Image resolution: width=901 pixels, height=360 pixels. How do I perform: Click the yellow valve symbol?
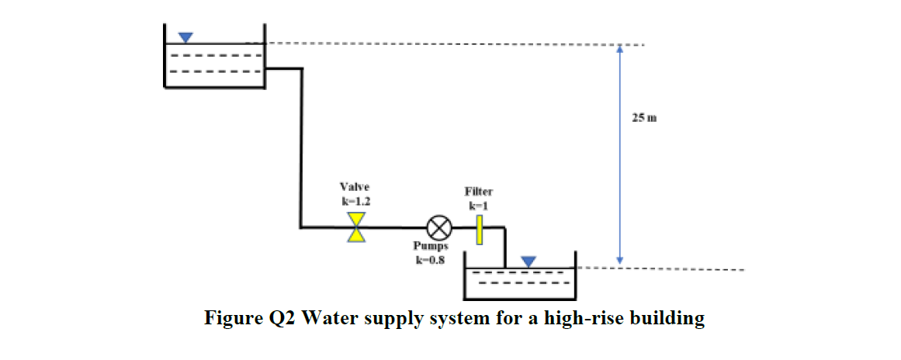[356, 228]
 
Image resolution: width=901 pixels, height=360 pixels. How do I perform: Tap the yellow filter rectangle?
[480, 227]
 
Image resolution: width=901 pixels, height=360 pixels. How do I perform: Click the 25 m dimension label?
[644, 119]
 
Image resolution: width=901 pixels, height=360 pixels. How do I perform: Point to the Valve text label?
[355, 187]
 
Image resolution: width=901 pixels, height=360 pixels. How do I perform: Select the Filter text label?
[479, 191]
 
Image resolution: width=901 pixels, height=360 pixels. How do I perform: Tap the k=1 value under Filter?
[479, 206]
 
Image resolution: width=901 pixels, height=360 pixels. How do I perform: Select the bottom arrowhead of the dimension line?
[619, 259]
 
